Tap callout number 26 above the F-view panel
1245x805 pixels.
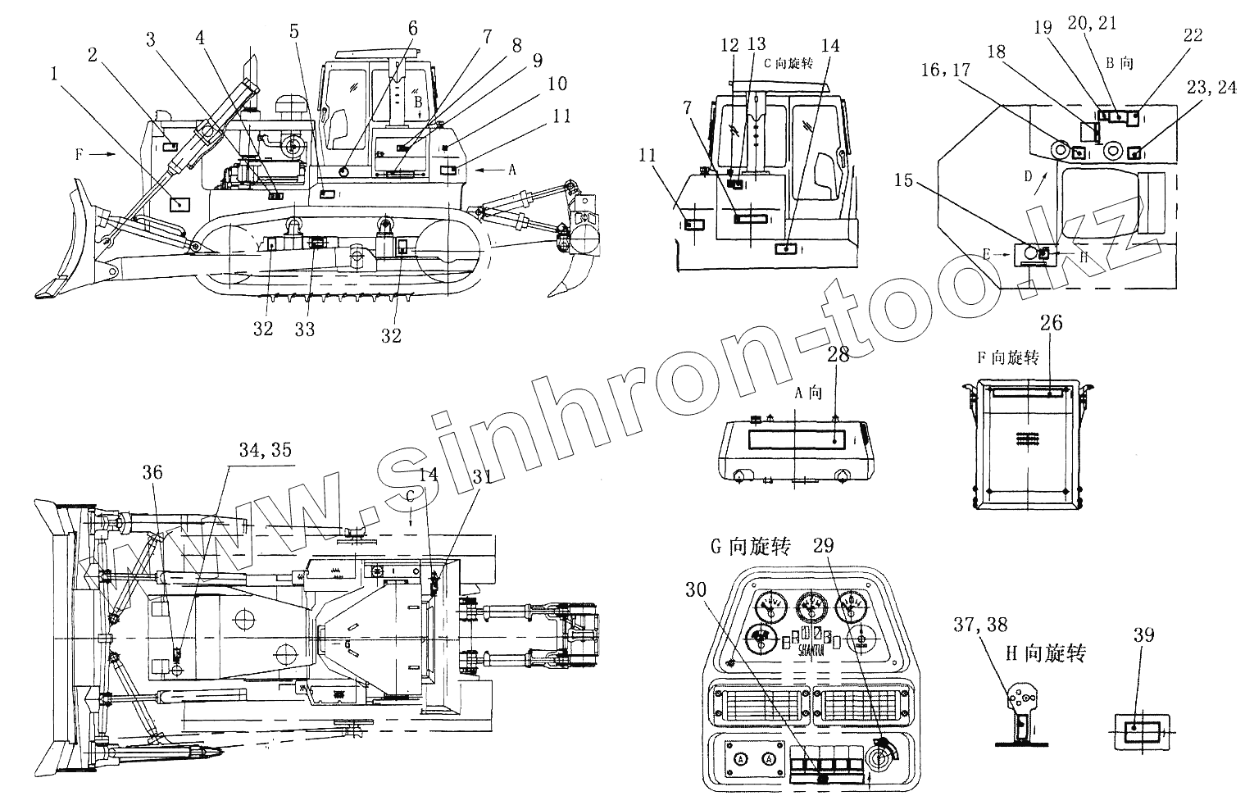tap(1051, 323)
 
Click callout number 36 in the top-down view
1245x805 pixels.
tap(152, 472)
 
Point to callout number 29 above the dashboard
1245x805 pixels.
tap(825, 545)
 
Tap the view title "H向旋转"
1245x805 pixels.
tap(1044, 653)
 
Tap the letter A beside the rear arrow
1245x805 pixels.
tap(513, 170)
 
